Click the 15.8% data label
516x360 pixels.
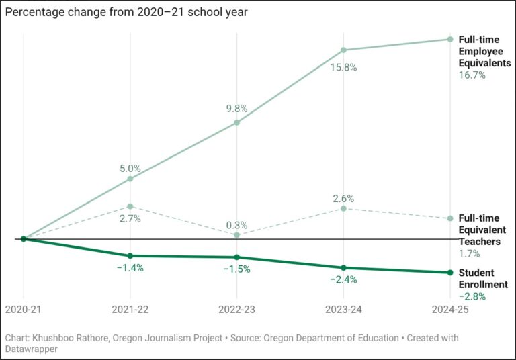pos(343,67)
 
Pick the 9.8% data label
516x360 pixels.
pos(236,108)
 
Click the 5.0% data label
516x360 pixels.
pos(130,169)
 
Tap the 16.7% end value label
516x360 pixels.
pos(472,75)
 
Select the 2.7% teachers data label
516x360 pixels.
pos(130,219)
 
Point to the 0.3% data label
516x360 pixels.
pos(236,225)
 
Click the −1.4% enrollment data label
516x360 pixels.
pos(130,267)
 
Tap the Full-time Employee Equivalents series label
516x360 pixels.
pos(484,52)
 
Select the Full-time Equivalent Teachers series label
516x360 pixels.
pos(479,230)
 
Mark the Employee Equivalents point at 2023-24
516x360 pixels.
pos(343,50)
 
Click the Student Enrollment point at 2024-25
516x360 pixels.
pos(450,273)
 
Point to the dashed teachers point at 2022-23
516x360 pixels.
pos(237,235)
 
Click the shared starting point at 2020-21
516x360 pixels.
pos(24,238)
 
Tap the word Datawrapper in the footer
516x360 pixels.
pos(32,349)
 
